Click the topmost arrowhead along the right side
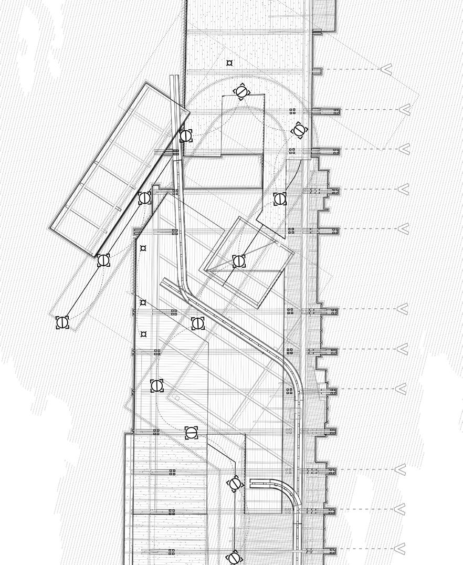(x=386, y=69)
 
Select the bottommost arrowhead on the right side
(x=402, y=549)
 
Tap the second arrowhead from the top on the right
(x=404, y=109)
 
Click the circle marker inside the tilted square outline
(x=238, y=261)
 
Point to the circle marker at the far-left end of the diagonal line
(x=62, y=322)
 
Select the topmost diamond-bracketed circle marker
(x=241, y=92)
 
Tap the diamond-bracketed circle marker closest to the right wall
(x=299, y=130)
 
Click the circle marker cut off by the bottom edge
(x=234, y=558)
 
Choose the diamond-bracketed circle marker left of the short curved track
(x=235, y=484)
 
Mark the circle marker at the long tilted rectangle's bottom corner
(x=103, y=260)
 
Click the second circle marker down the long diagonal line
(x=144, y=198)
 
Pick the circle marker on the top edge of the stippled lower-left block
(x=192, y=433)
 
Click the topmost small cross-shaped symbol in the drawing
(x=229, y=63)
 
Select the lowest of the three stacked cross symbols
(x=143, y=334)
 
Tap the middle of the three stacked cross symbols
(x=143, y=302)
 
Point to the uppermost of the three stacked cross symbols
(x=143, y=248)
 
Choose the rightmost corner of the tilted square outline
(x=294, y=254)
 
